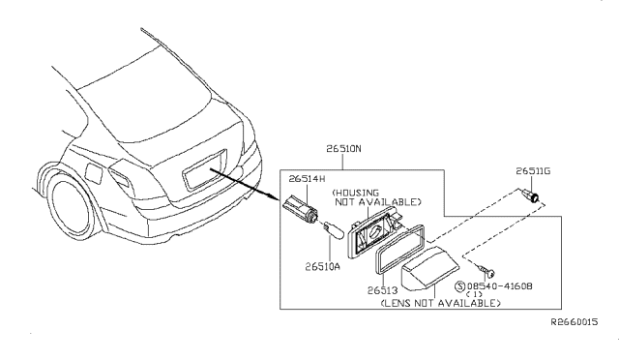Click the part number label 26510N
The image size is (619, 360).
pyautogui.click(x=343, y=149)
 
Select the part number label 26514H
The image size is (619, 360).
pyautogui.click(x=307, y=179)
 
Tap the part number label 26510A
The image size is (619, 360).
pyautogui.click(x=322, y=267)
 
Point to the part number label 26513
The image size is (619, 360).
pyautogui.click(x=382, y=290)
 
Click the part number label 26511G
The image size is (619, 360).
pyautogui.click(x=533, y=171)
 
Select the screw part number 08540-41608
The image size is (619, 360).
pyautogui.click(x=499, y=285)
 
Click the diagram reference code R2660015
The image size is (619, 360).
pyautogui.click(x=575, y=322)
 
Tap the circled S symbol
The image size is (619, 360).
pyautogui.click(x=460, y=286)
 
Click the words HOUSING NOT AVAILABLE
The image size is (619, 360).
pyautogui.click(x=376, y=197)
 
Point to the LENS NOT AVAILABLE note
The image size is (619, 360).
pyautogui.click(x=441, y=303)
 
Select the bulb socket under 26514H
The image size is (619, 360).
pyautogui.click(x=301, y=208)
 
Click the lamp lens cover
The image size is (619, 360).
pyautogui.click(x=429, y=269)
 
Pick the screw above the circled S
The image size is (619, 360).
pyautogui.click(x=486, y=270)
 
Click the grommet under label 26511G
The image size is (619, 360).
pyautogui.click(x=530, y=195)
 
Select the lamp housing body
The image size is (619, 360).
pyautogui.click(x=374, y=230)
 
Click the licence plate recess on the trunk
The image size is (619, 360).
pyautogui.click(x=205, y=168)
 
